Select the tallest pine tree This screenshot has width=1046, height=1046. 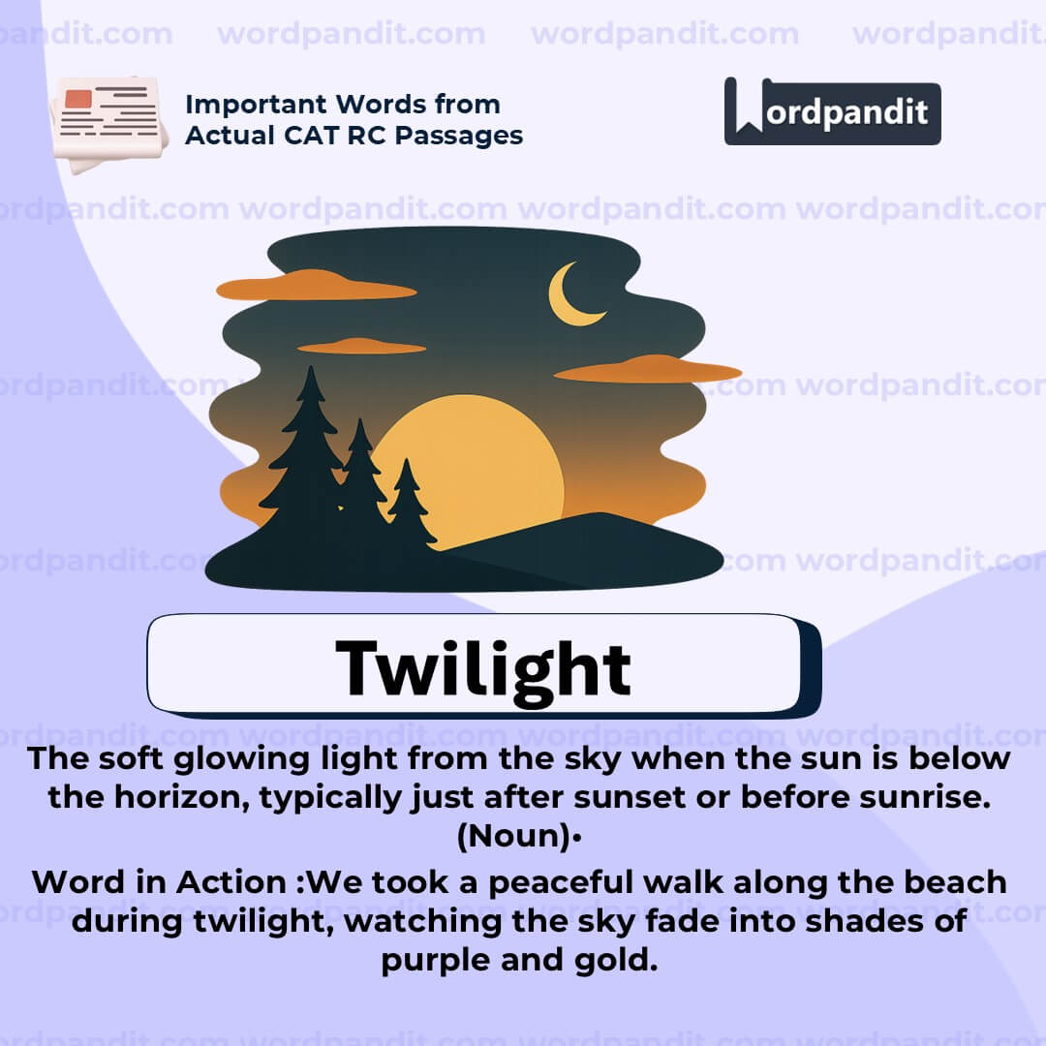[x=308, y=455]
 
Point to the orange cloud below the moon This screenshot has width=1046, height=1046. [x=647, y=370]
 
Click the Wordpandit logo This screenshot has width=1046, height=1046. [x=832, y=111]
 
